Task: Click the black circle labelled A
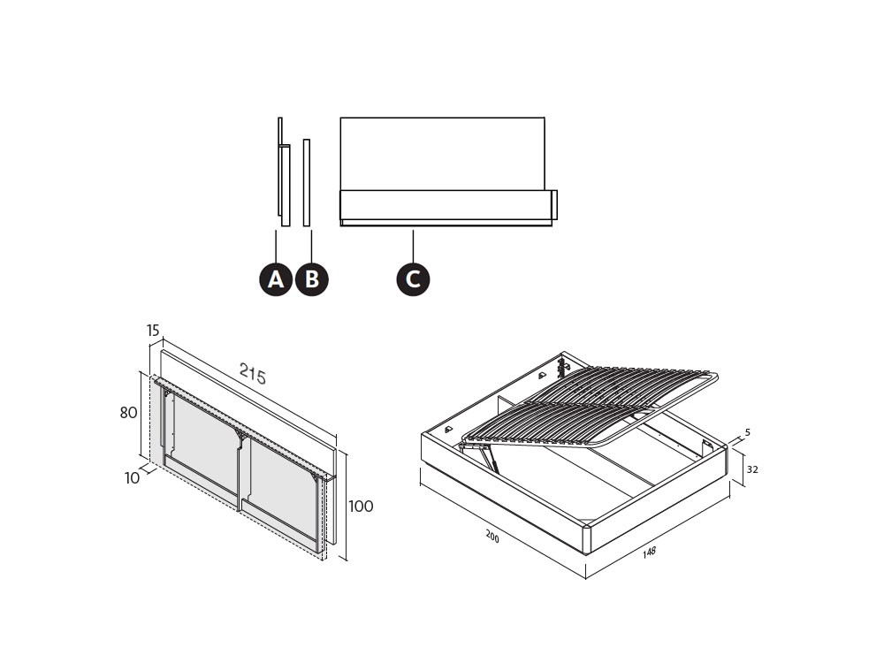click(276, 279)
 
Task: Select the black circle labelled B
click(312, 279)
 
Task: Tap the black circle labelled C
click(413, 279)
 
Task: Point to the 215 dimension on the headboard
click(253, 373)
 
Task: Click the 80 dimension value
click(128, 413)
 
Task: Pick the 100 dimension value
click(361, 507)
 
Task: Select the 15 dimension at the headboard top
click(153, 331)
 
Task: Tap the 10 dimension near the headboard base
click(132, 478)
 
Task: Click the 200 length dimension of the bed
click(492, 537)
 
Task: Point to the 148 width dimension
click(650, 552)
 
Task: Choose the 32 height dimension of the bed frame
click(752, 469)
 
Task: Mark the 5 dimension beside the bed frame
click(748, 432)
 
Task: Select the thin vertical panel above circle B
click(307, 183)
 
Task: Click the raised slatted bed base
click(589, 408)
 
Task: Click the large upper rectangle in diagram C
click(443, 154)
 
